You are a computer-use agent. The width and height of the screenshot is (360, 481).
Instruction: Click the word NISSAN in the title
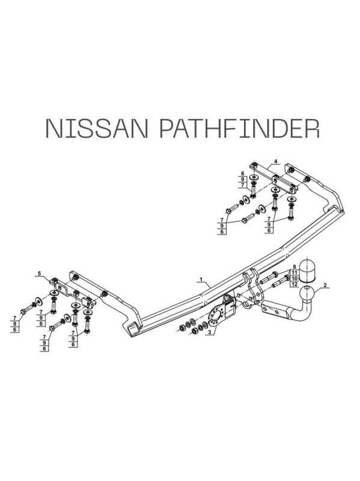(97, 127)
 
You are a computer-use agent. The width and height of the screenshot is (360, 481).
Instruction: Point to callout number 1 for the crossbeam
(201, 279)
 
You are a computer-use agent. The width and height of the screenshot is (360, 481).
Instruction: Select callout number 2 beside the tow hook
(325, 285)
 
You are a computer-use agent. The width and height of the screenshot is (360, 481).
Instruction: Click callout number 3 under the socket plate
(210, 332)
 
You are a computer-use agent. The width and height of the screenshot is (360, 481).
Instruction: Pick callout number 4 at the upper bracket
(276, 161)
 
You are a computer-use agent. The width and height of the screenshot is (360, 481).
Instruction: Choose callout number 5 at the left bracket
(39, 273)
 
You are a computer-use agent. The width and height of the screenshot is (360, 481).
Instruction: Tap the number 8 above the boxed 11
(294, 266)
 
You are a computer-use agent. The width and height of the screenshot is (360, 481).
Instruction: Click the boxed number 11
(294, 272)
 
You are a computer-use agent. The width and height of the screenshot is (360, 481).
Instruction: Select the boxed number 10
(294, 278)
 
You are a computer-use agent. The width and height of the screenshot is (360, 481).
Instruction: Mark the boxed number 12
(294, 284)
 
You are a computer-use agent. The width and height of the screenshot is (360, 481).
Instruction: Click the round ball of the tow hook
(307, 294)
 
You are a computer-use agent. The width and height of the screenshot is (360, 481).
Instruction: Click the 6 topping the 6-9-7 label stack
(242, 174)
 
